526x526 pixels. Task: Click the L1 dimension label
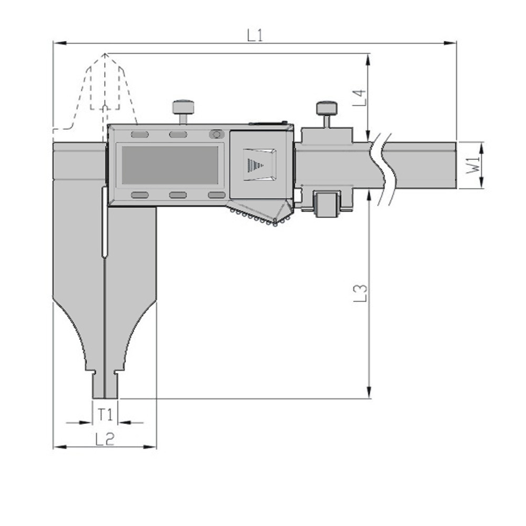click(255, 35)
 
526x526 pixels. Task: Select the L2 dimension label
click(105, 439)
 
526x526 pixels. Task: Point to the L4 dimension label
click(359, 98)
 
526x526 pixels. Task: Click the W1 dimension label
click(472, 165)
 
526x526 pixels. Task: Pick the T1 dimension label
click(105, 414)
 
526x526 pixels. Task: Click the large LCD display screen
click(170, 165)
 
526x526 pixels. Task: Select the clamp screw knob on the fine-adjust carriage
click(327, 108)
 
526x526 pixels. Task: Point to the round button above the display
click(216, 135)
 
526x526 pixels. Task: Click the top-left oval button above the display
click(139, 135)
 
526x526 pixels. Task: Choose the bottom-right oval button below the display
click(216, 195)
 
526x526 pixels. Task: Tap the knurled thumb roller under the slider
click(258, 217)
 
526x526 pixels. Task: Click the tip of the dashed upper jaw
click(105, 54)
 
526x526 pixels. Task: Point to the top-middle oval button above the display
click(178, 135)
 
